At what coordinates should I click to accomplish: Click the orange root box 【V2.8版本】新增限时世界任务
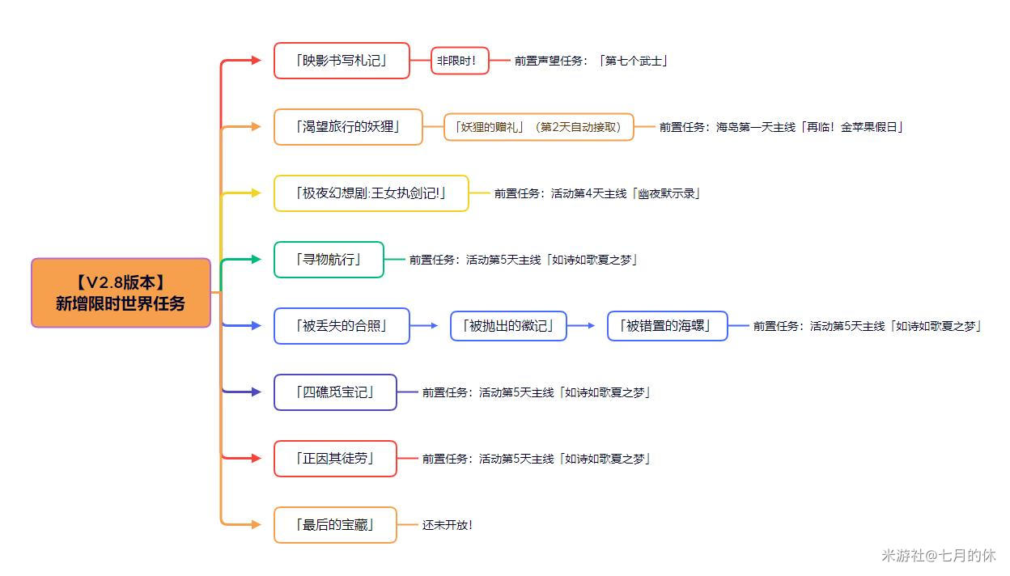click(121, 293)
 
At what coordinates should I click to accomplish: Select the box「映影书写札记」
click(342, 61)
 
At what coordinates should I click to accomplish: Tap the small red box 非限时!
click(460, 61)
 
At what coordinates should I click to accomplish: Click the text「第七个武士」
click(633, 61)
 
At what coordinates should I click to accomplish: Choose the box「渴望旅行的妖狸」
click(348, 127)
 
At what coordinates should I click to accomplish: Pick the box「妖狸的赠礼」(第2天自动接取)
click(539, 127)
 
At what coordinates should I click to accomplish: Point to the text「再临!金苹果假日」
click(851, 127)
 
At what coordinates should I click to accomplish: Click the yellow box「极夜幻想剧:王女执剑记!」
click(371, 193)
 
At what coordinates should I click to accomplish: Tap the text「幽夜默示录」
click(666, 193)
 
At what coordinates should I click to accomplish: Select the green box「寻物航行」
click(329, 259)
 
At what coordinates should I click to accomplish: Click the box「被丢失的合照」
click(342, 325)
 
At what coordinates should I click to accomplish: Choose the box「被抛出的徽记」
click(508, 325)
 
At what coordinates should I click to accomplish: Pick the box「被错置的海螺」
click(668, 325)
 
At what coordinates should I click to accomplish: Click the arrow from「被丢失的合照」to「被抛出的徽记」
click(424, 325)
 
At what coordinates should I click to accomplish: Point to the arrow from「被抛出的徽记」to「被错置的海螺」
click(581, 325)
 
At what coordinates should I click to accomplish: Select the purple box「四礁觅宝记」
click(336, 392)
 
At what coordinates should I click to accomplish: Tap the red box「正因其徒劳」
click(336, 459)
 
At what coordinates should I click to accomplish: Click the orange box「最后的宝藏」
click(336, 524)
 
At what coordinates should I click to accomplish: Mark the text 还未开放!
click(448, 524)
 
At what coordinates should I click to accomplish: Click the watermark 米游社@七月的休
click(939, 555)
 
